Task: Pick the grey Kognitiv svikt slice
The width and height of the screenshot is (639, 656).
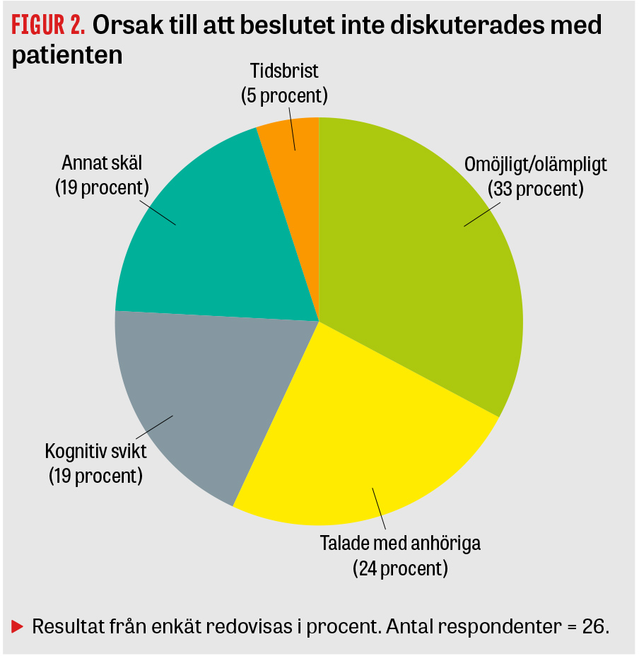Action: (x=198, y=396)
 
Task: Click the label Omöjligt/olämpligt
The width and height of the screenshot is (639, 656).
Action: (x=536, y=165)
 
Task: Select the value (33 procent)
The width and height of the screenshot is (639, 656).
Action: (x=536, y=189)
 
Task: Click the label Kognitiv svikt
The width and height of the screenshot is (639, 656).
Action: (x=95, y=451)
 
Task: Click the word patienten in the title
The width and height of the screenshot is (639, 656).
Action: (x=67, y=56)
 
